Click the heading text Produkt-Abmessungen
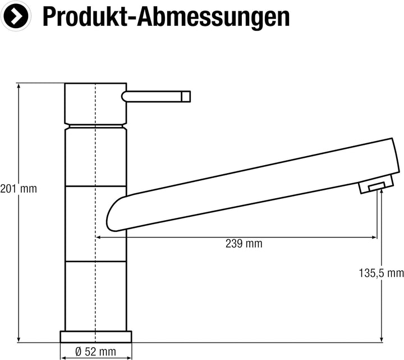tap(166, 17)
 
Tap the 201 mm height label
tap(19, 189)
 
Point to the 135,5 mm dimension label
tap(381, 274)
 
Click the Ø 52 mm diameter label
tap(95, 352)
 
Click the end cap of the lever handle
tap(186, 97)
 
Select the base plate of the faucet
tap(96, 336)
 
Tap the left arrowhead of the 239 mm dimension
tap(99, 237)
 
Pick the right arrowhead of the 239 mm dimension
tap(374, 237)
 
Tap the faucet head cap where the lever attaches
tap(96, 102)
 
